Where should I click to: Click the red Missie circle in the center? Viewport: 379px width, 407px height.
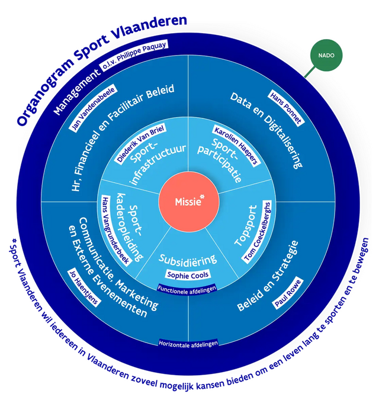click(x=189, y=201)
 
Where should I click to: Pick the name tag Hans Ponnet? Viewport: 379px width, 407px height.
click(x=286, y=107)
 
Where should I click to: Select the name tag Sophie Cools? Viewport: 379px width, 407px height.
click(x=188, y=275)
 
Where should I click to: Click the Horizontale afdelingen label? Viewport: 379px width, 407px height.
click(x=188, y=343)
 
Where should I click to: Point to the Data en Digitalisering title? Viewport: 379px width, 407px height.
click(x=265, y=130)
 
